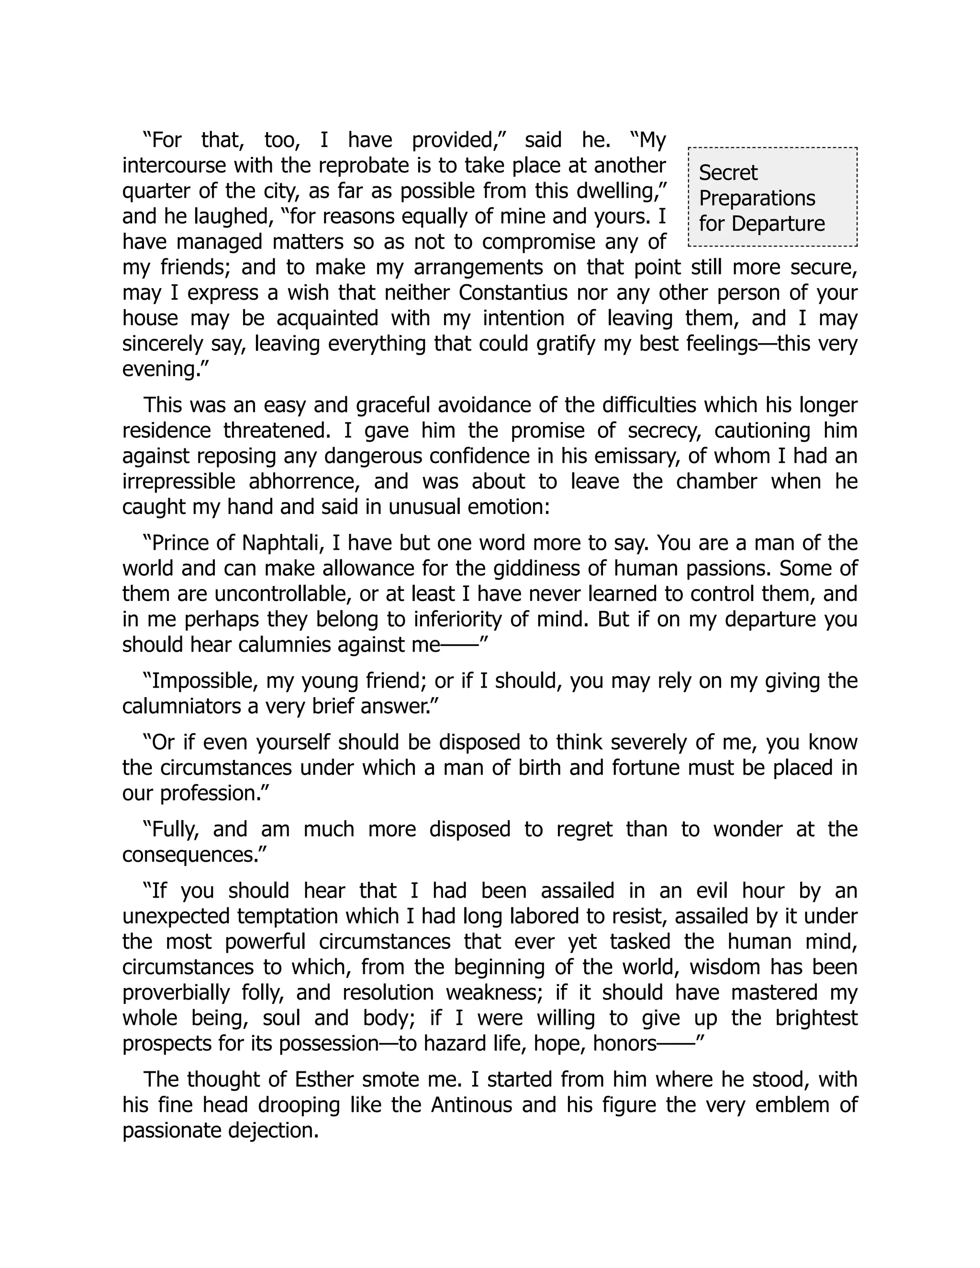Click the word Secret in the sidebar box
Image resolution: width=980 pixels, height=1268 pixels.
click(727, 173)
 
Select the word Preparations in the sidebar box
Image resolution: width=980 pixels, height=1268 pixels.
click(757, 199)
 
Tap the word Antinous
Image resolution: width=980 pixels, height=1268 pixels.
click(471, 1105)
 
